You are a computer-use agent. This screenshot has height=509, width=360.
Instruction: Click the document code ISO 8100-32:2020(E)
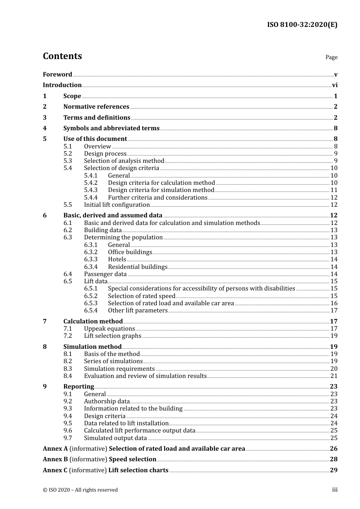coord(302,25)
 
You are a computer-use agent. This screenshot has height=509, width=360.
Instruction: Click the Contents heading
coord(62,56)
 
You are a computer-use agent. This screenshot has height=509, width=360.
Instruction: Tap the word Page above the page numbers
coord(331,57)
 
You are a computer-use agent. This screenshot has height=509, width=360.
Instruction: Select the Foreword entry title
coord(57,75)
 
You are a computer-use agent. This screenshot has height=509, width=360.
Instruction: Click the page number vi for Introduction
coord(335,85)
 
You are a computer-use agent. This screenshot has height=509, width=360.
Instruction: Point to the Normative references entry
coord(96,107)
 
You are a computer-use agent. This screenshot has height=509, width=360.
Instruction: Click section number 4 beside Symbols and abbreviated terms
coord(45,128)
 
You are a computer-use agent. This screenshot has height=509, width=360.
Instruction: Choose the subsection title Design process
coord(105,154)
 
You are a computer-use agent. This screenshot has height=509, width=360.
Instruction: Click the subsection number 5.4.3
coord(91,190)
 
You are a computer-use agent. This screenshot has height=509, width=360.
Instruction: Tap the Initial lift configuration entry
coord(117,205)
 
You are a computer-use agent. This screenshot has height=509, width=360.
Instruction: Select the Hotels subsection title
coord(117,259)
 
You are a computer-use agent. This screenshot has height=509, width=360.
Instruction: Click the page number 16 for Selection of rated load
coord(334,303)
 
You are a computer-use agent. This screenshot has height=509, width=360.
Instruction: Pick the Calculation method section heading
coord(93,322)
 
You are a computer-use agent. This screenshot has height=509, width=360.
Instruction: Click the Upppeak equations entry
coord(109,329)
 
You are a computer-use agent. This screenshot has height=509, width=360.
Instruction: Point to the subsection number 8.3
coord(67,369)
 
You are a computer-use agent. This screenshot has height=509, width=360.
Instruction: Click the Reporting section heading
coord(78,387)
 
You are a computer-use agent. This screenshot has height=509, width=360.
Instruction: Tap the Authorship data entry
coord(106,401)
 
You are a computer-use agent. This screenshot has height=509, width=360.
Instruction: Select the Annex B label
coord(55,459)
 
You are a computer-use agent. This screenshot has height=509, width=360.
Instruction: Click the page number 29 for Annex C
coord(333,470)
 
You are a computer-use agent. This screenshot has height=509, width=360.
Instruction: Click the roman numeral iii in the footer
coord(335,490)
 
